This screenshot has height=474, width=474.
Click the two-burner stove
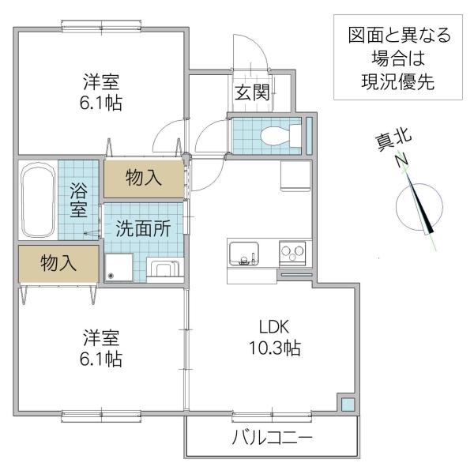[295, 254]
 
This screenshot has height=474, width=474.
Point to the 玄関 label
[251, 92]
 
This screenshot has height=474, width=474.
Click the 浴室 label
[78, 200]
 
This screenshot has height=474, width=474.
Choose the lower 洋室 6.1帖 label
[102, 348]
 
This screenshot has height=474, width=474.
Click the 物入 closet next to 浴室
[143, 178]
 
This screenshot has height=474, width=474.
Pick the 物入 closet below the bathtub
[58, 263]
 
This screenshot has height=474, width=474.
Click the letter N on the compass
[401, 160]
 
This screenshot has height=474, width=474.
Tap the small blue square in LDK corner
[347, 404]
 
